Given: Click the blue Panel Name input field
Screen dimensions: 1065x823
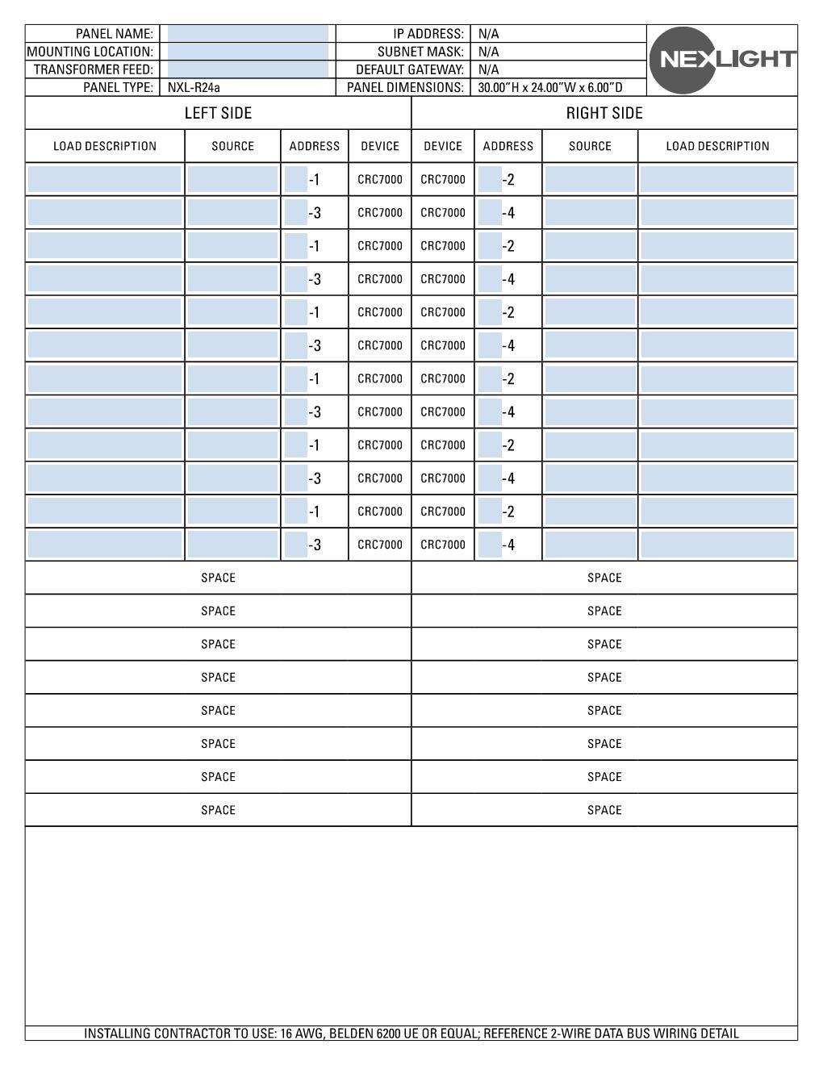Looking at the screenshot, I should tap(248, 34).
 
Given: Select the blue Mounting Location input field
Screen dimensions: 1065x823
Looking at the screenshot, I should tap(248, 52).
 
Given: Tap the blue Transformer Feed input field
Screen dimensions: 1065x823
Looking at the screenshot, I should tap(248, 69).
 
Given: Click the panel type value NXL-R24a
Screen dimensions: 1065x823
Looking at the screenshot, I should tap(194, 87).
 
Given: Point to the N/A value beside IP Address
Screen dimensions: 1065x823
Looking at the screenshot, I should tap(488, 34).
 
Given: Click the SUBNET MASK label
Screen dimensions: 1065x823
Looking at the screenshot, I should tap(420, 52).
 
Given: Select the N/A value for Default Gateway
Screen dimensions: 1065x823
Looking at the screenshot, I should tap(488, 69).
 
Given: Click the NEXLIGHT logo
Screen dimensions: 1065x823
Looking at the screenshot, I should tap(722, 60).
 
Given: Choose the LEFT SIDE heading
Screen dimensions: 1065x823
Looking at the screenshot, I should tap(218, 113).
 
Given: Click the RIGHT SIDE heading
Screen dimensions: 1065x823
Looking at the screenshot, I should tap(604, 113).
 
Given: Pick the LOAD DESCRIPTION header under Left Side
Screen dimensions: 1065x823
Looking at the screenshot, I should tap(105, 146).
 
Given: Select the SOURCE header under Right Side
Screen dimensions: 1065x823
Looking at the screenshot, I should tap(590, 146).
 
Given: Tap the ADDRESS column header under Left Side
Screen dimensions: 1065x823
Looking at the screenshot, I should tap(314, 146).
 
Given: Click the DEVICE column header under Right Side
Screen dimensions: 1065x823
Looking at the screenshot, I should tap(443, 146).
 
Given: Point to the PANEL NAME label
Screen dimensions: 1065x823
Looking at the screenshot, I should tap(114, 34).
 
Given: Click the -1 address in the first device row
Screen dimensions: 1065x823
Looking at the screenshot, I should tap(314, 180).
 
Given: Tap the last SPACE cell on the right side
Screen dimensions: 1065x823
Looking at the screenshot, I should tap(604, 810).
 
